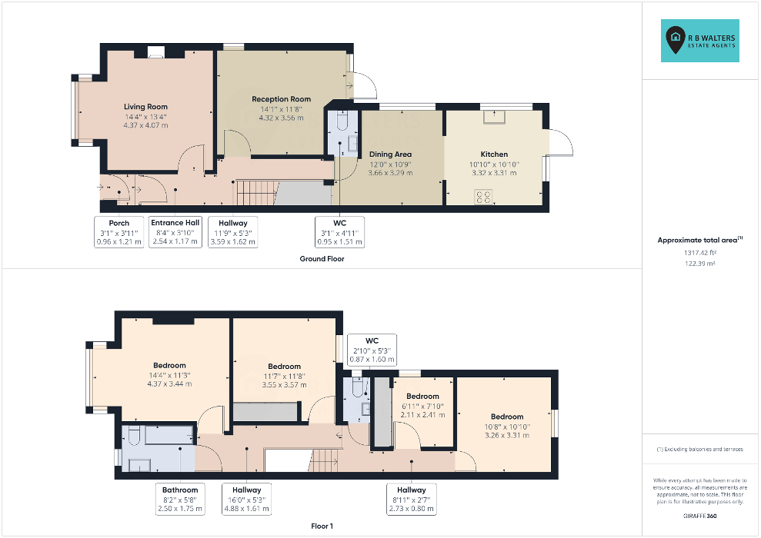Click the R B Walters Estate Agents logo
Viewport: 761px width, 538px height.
[x=700, y=41]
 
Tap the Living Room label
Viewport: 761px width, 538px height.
[x=145, y=107]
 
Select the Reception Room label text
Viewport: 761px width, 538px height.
[x=282, y=99]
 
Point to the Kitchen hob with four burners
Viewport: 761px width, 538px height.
[x=484, y=197]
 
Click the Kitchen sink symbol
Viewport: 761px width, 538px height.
[x=494, y=118]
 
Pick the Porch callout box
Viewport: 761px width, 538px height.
[x=119, y=232]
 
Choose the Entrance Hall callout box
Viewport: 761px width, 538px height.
[x=175, y=231]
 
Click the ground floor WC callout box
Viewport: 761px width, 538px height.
[x=340, y=232]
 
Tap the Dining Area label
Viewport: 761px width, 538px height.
[x=390, y=154]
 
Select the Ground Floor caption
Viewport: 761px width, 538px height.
[x=322, y=259]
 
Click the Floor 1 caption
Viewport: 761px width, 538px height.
[x=322, y=526]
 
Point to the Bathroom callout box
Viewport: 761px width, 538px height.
[x=180, y=499]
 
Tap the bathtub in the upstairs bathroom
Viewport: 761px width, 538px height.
[x=169, y=435]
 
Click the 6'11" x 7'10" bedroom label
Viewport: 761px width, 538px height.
[x=422, y=406]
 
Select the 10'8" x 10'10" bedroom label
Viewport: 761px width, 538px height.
[x=507, y=426]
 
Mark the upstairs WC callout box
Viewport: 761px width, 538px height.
[x=372, y=350]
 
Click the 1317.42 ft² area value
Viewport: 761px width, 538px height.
[x=700, y=253]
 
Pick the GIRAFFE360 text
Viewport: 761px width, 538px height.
[x=700, y=516]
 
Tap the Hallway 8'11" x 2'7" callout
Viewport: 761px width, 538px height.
[x=412, y=499]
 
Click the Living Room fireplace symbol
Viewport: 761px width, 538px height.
[x=155, y=52]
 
